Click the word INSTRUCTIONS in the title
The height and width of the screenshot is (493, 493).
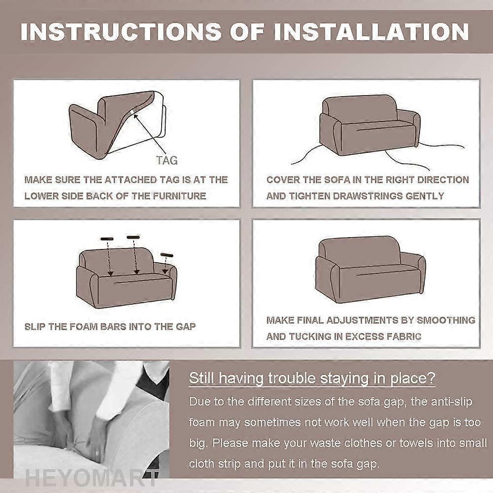[121, 32]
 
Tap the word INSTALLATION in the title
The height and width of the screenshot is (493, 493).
[371, 32]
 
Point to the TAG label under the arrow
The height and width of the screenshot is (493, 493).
[167, 160]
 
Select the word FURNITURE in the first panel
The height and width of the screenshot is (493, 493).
[179, 196]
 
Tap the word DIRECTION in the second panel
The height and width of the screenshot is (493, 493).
[443, 179]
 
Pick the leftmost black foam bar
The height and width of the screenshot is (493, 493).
[107, 239]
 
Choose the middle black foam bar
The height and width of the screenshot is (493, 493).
[133, 237]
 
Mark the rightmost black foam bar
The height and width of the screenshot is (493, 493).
[167, 255]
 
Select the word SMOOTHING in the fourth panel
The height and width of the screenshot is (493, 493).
[446, 320]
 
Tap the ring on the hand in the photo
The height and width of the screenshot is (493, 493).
[97, 453]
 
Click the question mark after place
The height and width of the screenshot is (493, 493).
[431, 378]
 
